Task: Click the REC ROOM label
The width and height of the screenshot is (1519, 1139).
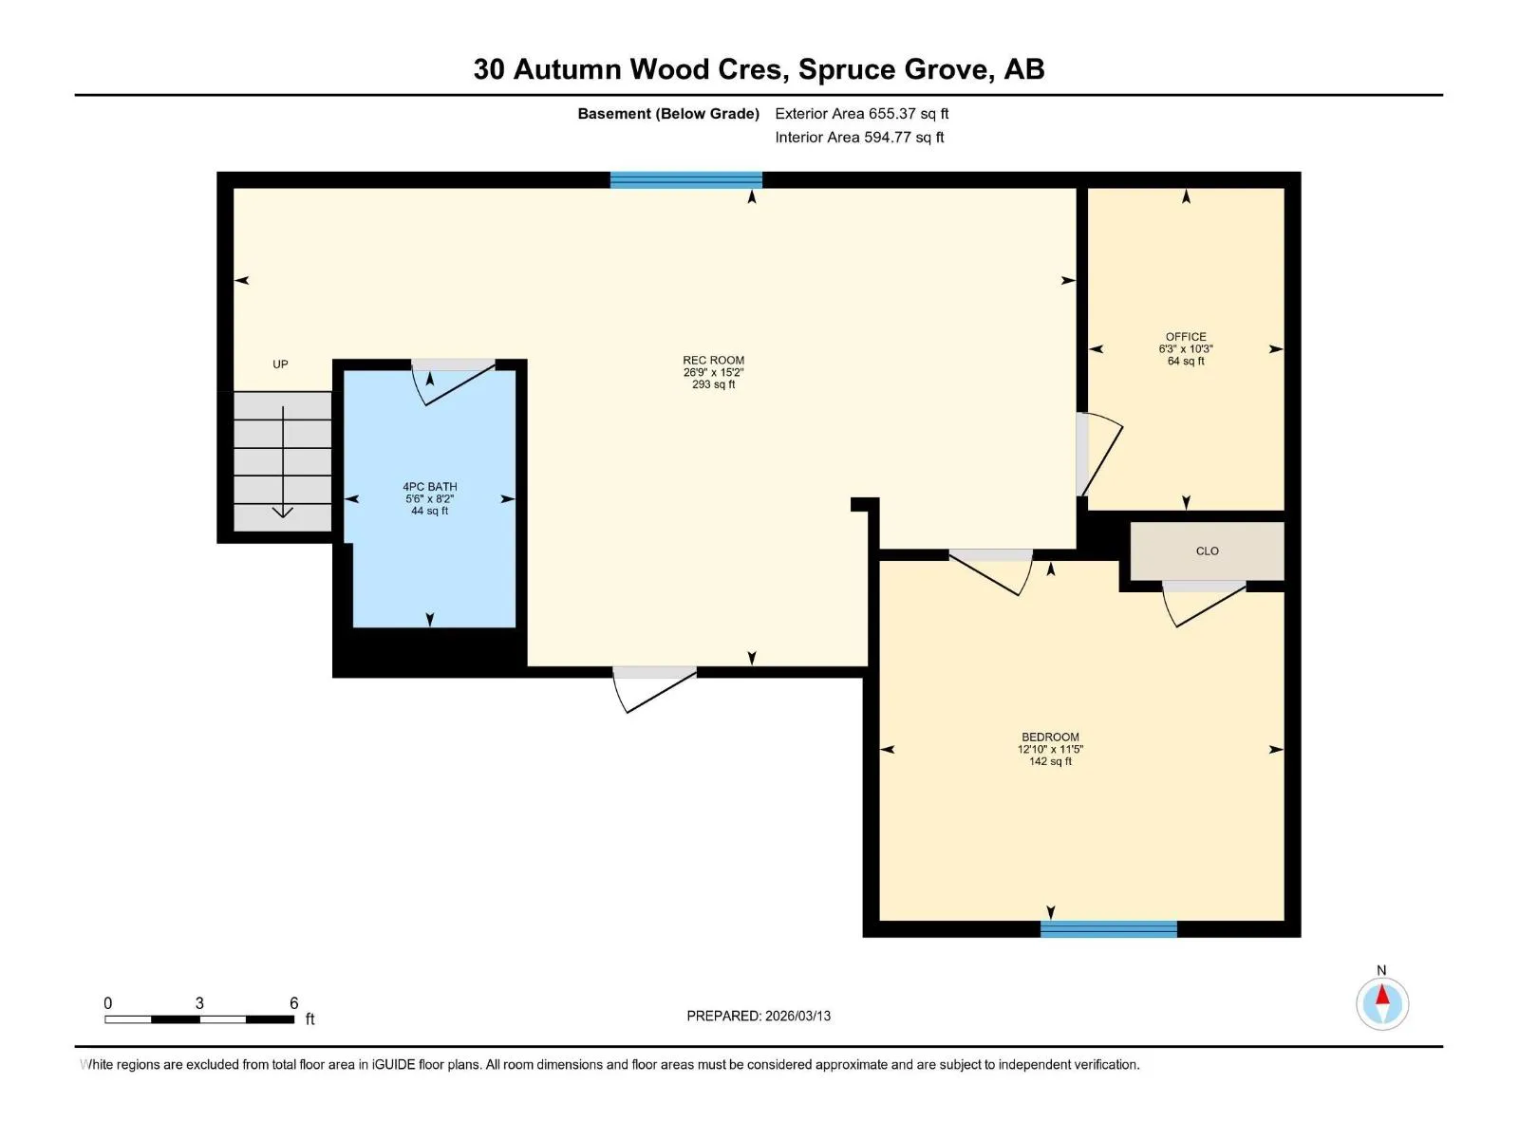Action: click(x=714, y=361)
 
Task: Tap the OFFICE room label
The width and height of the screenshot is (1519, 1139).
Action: click(x=1186, y=337)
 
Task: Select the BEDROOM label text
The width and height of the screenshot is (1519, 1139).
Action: click(x=1050, y=738)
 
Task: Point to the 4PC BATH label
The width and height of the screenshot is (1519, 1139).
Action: click(x=430, y=487)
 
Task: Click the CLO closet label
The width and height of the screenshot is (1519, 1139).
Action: click(x=1207, y=551)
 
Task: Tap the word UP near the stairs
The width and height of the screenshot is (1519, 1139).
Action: click(x=280, y=364)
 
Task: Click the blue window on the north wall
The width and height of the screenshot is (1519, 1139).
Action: click(x=685, y=179)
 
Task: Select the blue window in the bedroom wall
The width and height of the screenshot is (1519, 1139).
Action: click(x=1108, y=929)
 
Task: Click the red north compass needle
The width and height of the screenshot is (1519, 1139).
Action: click(x=1381, y=995)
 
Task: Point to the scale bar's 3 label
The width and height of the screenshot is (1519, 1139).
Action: click(x=199, y=1002)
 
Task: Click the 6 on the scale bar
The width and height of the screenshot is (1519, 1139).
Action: click(x=294, y=1002)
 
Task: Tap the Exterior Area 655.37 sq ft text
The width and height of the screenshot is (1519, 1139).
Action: click(x=862, y=113)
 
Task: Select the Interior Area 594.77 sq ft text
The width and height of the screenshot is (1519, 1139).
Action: click(x=859, y=137)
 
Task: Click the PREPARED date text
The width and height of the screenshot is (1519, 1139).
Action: click(x=759, y=1016)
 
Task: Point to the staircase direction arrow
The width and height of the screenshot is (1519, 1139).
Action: click(x=282, y=462)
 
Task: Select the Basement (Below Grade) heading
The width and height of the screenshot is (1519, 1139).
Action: click(x=668, y=113)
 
